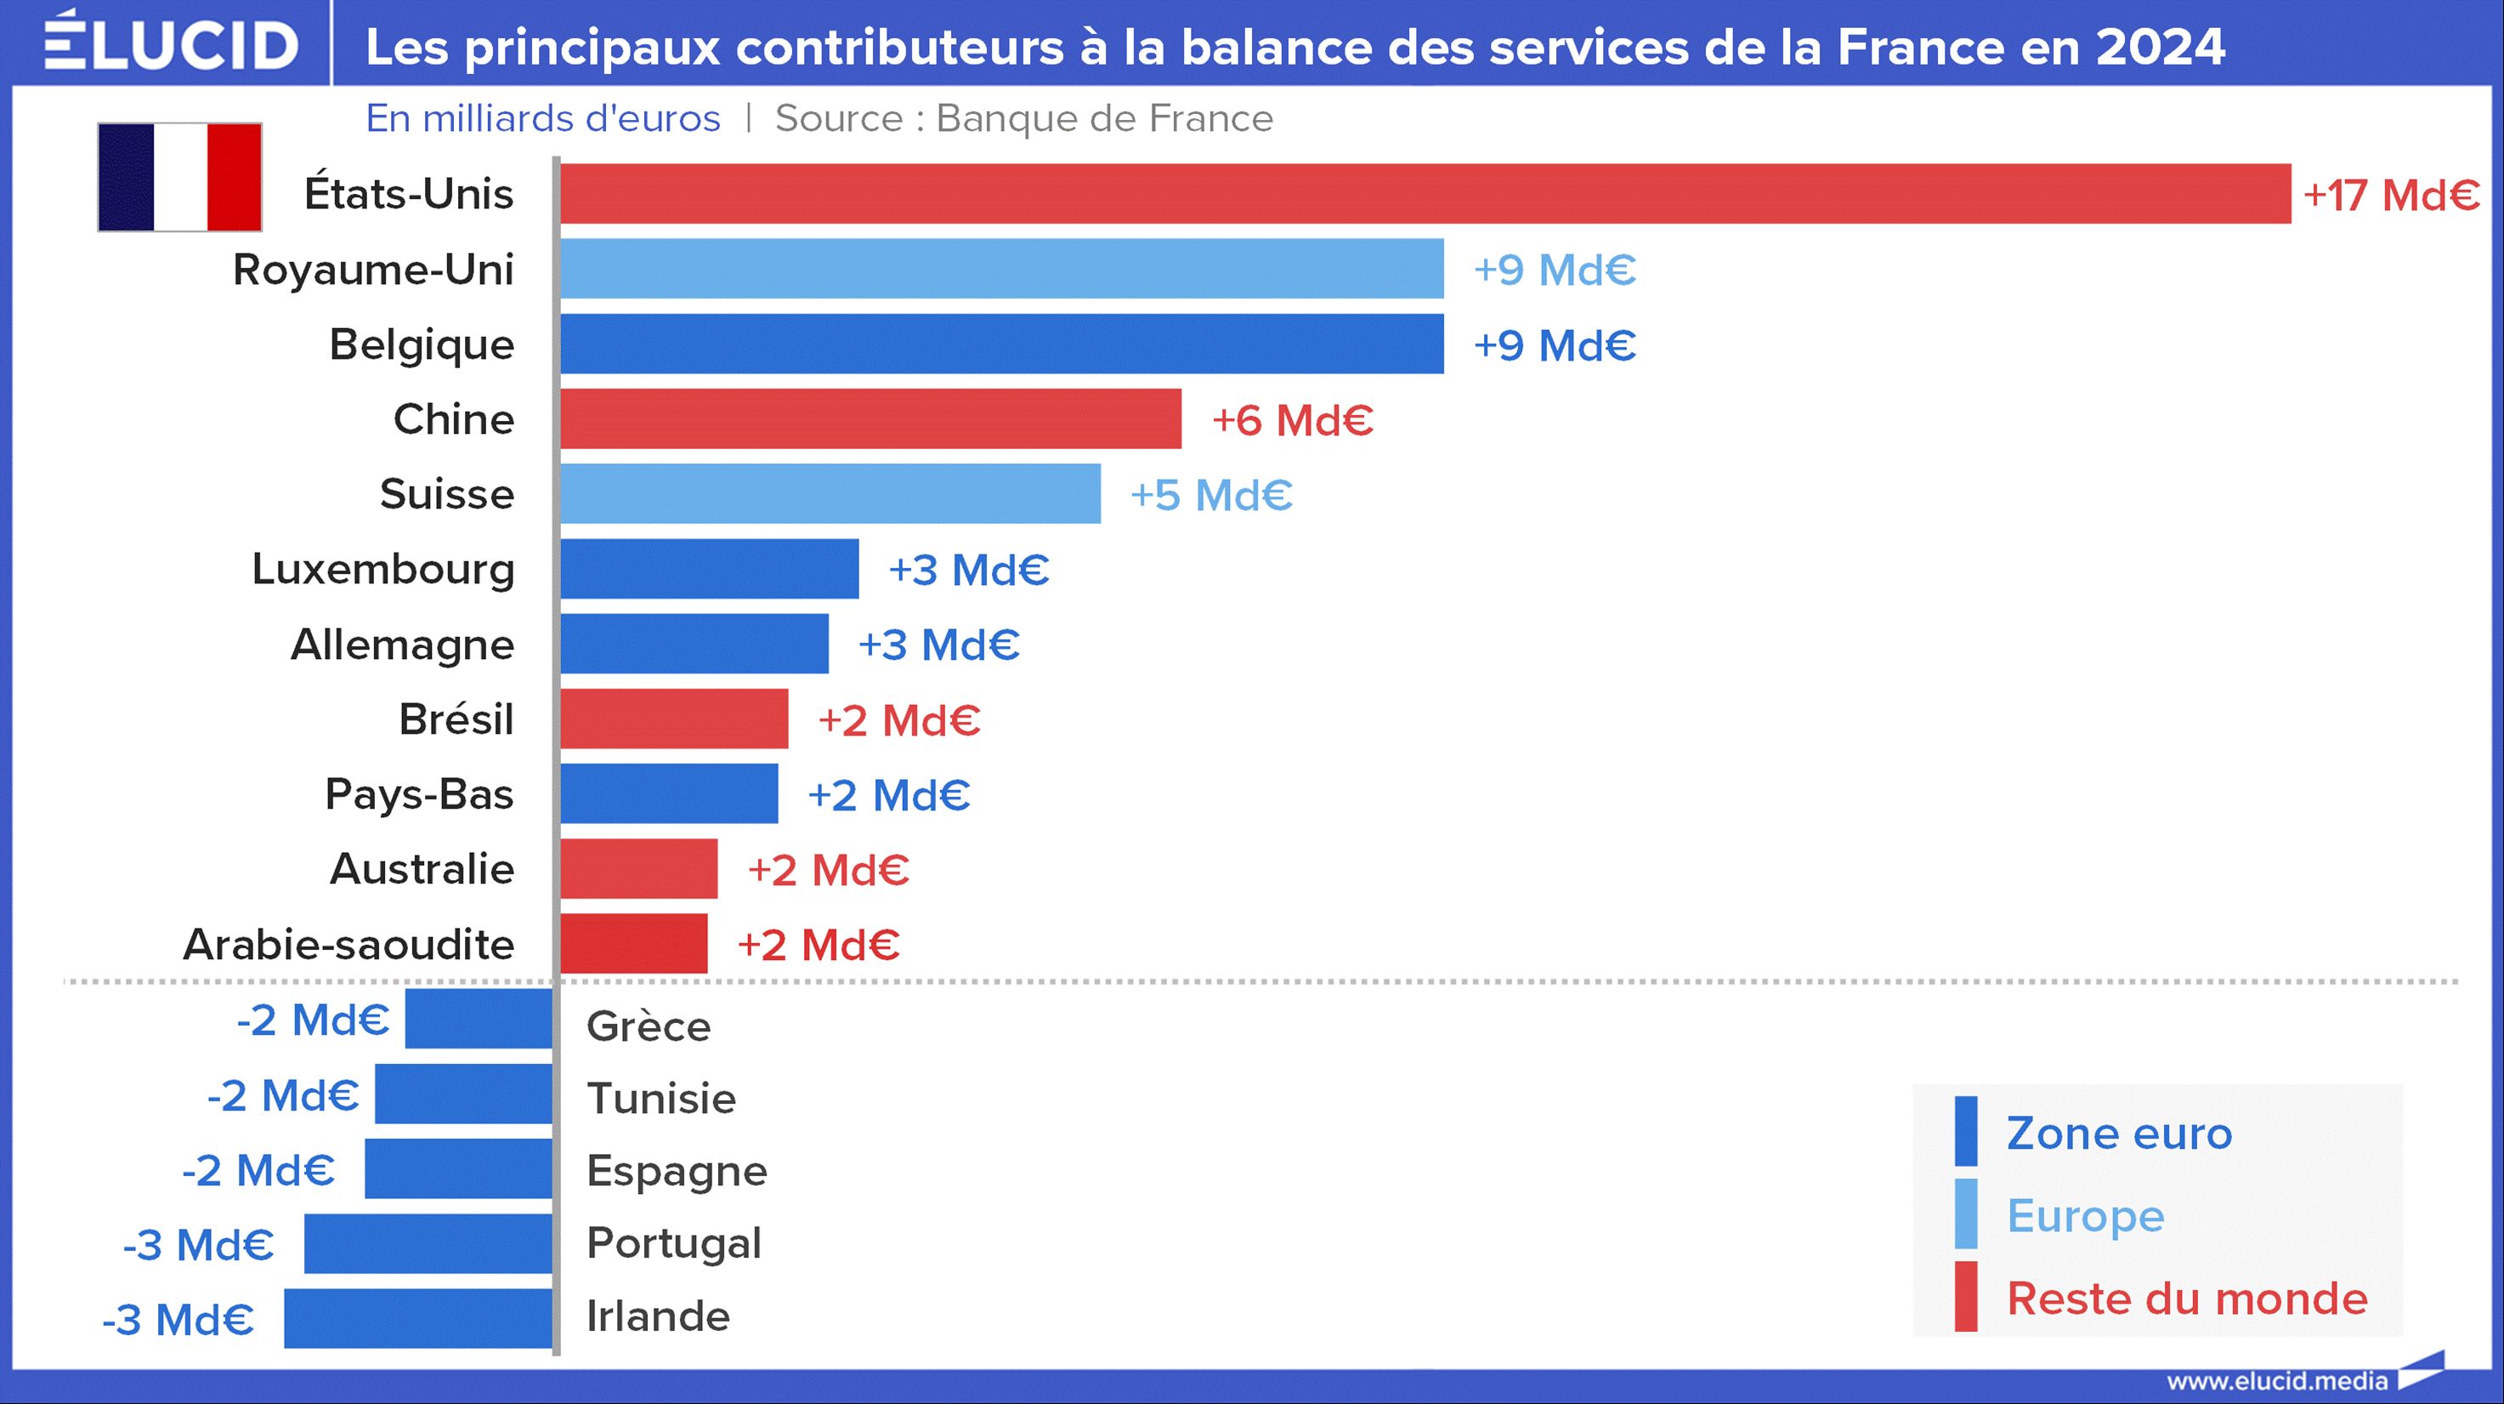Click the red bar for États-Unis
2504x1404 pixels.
1425,194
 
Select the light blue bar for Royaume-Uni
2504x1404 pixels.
1001,269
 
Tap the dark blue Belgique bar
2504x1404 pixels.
1001,344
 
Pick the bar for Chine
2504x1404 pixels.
870,419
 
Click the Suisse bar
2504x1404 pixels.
830,494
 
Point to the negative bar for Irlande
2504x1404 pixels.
418,1318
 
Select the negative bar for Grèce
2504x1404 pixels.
479,1019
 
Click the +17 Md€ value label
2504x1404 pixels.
2391,196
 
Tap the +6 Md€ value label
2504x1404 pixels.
1292,420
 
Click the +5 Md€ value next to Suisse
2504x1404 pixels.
1211,495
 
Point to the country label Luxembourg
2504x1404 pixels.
383,569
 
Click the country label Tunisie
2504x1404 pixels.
661,1099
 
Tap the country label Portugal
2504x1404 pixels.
674,1242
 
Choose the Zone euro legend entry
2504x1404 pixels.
2119,1133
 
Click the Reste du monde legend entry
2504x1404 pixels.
2187,1298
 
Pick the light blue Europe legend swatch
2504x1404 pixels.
1965,1214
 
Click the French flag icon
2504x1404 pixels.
180,177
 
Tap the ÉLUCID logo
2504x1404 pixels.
171,43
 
